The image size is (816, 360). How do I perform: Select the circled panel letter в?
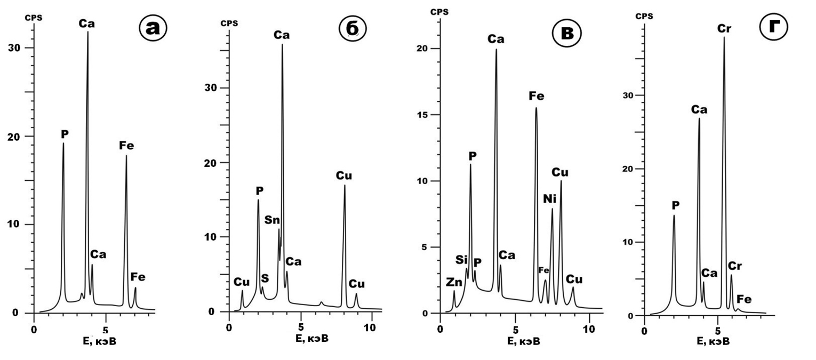[566, 33]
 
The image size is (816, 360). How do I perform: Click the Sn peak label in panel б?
[272, 220]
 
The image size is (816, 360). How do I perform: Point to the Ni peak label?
[550, 199]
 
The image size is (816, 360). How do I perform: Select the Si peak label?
[462, 260]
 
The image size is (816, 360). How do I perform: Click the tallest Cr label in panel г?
[724, 28]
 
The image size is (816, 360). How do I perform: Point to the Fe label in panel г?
[745, 300]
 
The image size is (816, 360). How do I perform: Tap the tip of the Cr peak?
[724, 37]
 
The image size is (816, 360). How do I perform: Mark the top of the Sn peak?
[278, 229]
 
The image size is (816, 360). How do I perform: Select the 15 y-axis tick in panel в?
[425, 115]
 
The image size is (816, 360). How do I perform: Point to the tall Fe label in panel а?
[126, 145]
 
